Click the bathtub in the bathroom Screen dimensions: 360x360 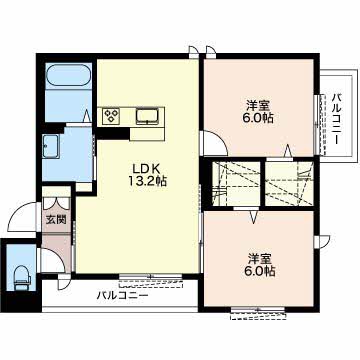[x=69, y=75]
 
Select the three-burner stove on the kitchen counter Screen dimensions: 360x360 [x=112, y=117]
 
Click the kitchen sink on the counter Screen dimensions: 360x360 [x=147, y=116]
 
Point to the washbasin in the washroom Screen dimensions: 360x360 [x=51, y=146]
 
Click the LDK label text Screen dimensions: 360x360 [x=143, y=168]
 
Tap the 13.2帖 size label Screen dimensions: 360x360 [x=148, y=181]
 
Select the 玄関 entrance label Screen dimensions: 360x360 [x=56, y=219]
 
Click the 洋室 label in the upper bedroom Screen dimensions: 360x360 [x=258, y=106]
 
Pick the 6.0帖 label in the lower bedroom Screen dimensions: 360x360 [x=260, y=271]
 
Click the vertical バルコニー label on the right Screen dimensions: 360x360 [x=337, y=119]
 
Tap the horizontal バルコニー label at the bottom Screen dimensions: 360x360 [x=123, y=295]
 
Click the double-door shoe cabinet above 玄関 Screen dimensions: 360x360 [x=56, y=203]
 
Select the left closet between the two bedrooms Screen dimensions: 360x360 [x=236, y=183]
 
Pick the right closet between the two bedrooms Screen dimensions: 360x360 [x=289, y=183]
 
